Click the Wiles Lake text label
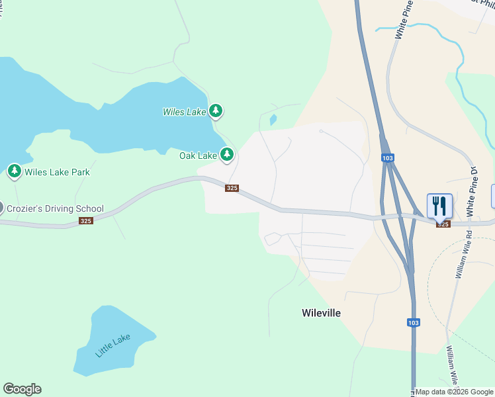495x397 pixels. [185, 112]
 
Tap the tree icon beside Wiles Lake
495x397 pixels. [215, 110]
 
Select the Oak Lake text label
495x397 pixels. [198, 155]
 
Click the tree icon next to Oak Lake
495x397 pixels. [227, 155]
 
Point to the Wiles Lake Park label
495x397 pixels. [57, 172]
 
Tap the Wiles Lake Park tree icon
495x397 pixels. [14, 171]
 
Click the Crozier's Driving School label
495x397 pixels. [55, 208]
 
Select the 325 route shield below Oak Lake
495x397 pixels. [232, 188]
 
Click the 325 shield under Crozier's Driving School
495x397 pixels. [86, 220]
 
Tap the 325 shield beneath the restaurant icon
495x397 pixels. [443, 224]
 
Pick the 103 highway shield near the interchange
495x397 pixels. [388, 158]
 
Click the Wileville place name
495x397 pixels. [321, 313]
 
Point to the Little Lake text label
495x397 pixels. [113, 345]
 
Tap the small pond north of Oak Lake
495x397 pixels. [273, 120]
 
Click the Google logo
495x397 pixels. [22, 389]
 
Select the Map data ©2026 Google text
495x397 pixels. [454, 392]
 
